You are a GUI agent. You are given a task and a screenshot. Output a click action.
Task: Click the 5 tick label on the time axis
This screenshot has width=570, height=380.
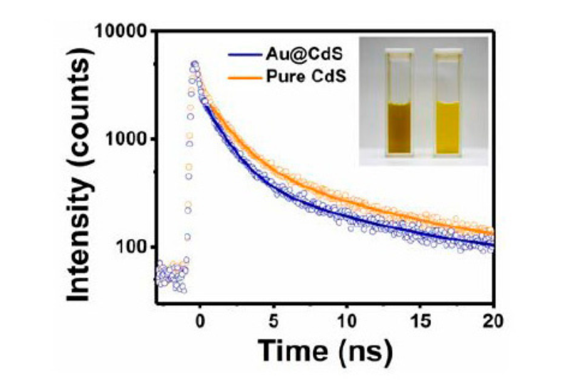[x=273, y=319]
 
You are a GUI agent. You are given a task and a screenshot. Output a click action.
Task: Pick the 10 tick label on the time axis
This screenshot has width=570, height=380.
[x=346, y=319]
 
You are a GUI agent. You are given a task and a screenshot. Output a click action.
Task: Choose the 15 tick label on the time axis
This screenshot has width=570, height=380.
[x=420, y=319]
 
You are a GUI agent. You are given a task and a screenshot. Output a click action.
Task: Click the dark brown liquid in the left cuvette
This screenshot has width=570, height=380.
[x=402, y=128]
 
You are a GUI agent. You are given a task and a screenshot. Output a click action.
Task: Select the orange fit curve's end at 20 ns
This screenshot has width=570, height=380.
[x=492, y=232]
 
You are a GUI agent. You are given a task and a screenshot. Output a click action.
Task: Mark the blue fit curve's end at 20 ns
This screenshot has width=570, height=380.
[x=492, y=245]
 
